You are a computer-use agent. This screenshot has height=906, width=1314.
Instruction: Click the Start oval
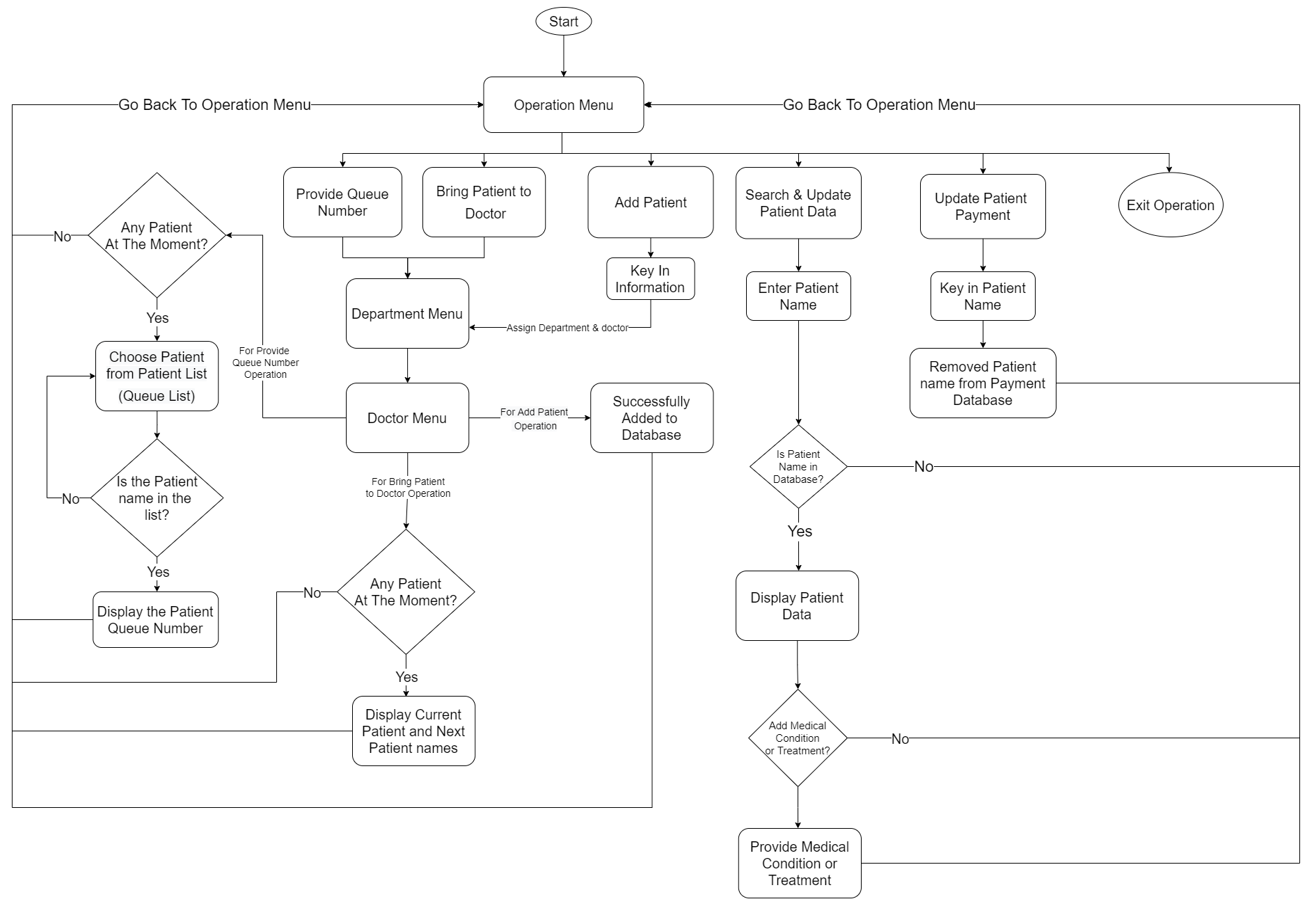[563, 22]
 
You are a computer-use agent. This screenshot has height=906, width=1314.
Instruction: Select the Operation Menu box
[563, 105]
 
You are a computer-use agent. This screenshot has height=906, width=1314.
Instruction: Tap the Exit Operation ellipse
[1169, 205]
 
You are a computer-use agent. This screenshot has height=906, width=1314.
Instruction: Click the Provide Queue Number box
[342, 202]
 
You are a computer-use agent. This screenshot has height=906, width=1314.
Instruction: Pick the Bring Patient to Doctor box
[484, 202]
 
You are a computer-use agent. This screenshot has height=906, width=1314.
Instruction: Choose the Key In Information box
[650, 279]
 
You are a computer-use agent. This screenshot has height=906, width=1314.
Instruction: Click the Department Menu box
[407, 314]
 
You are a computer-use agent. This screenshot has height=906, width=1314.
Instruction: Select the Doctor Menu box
[407, 418]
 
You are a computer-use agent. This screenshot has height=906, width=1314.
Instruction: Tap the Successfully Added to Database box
[651, 418]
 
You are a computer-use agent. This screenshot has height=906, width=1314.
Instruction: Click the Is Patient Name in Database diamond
[798, 466]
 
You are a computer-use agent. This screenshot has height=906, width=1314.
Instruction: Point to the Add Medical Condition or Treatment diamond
[798, 738]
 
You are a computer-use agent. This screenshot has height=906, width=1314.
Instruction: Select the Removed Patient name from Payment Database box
[982, 383]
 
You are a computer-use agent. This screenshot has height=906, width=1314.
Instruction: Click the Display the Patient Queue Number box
[155, 620]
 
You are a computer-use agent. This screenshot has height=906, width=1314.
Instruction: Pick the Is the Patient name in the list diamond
[157, 498]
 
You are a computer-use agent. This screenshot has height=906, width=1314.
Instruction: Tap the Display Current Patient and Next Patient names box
[413, 731]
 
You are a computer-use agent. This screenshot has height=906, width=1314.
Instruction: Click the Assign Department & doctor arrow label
[567, 328]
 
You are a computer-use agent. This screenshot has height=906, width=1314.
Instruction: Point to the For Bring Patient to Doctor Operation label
[408, 487]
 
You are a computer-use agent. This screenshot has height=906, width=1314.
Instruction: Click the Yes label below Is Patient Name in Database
[800, 532]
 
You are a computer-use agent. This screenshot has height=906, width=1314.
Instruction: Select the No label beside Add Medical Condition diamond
[900, 739]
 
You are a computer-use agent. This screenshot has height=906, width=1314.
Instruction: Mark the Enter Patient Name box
[798, 296]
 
